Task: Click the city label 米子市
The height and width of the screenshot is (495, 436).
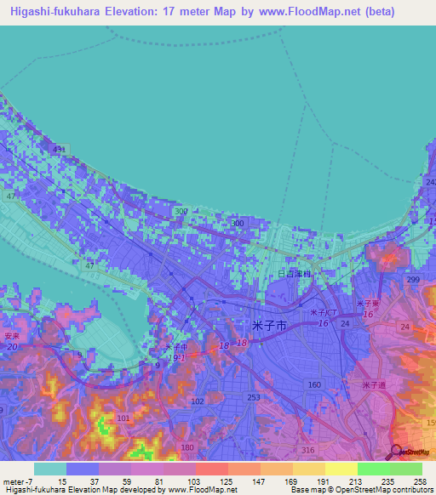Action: (270, 325)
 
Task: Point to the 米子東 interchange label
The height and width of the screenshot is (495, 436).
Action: (369, 304)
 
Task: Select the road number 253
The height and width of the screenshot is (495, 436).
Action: (253, 398)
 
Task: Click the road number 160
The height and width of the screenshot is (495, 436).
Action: (314, 384)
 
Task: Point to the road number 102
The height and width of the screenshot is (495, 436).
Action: (198, 401)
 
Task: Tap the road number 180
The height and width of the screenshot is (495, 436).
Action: (188, 447)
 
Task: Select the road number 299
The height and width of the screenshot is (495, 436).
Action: (414, 280)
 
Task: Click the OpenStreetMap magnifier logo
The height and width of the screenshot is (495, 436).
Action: (396, 452)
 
